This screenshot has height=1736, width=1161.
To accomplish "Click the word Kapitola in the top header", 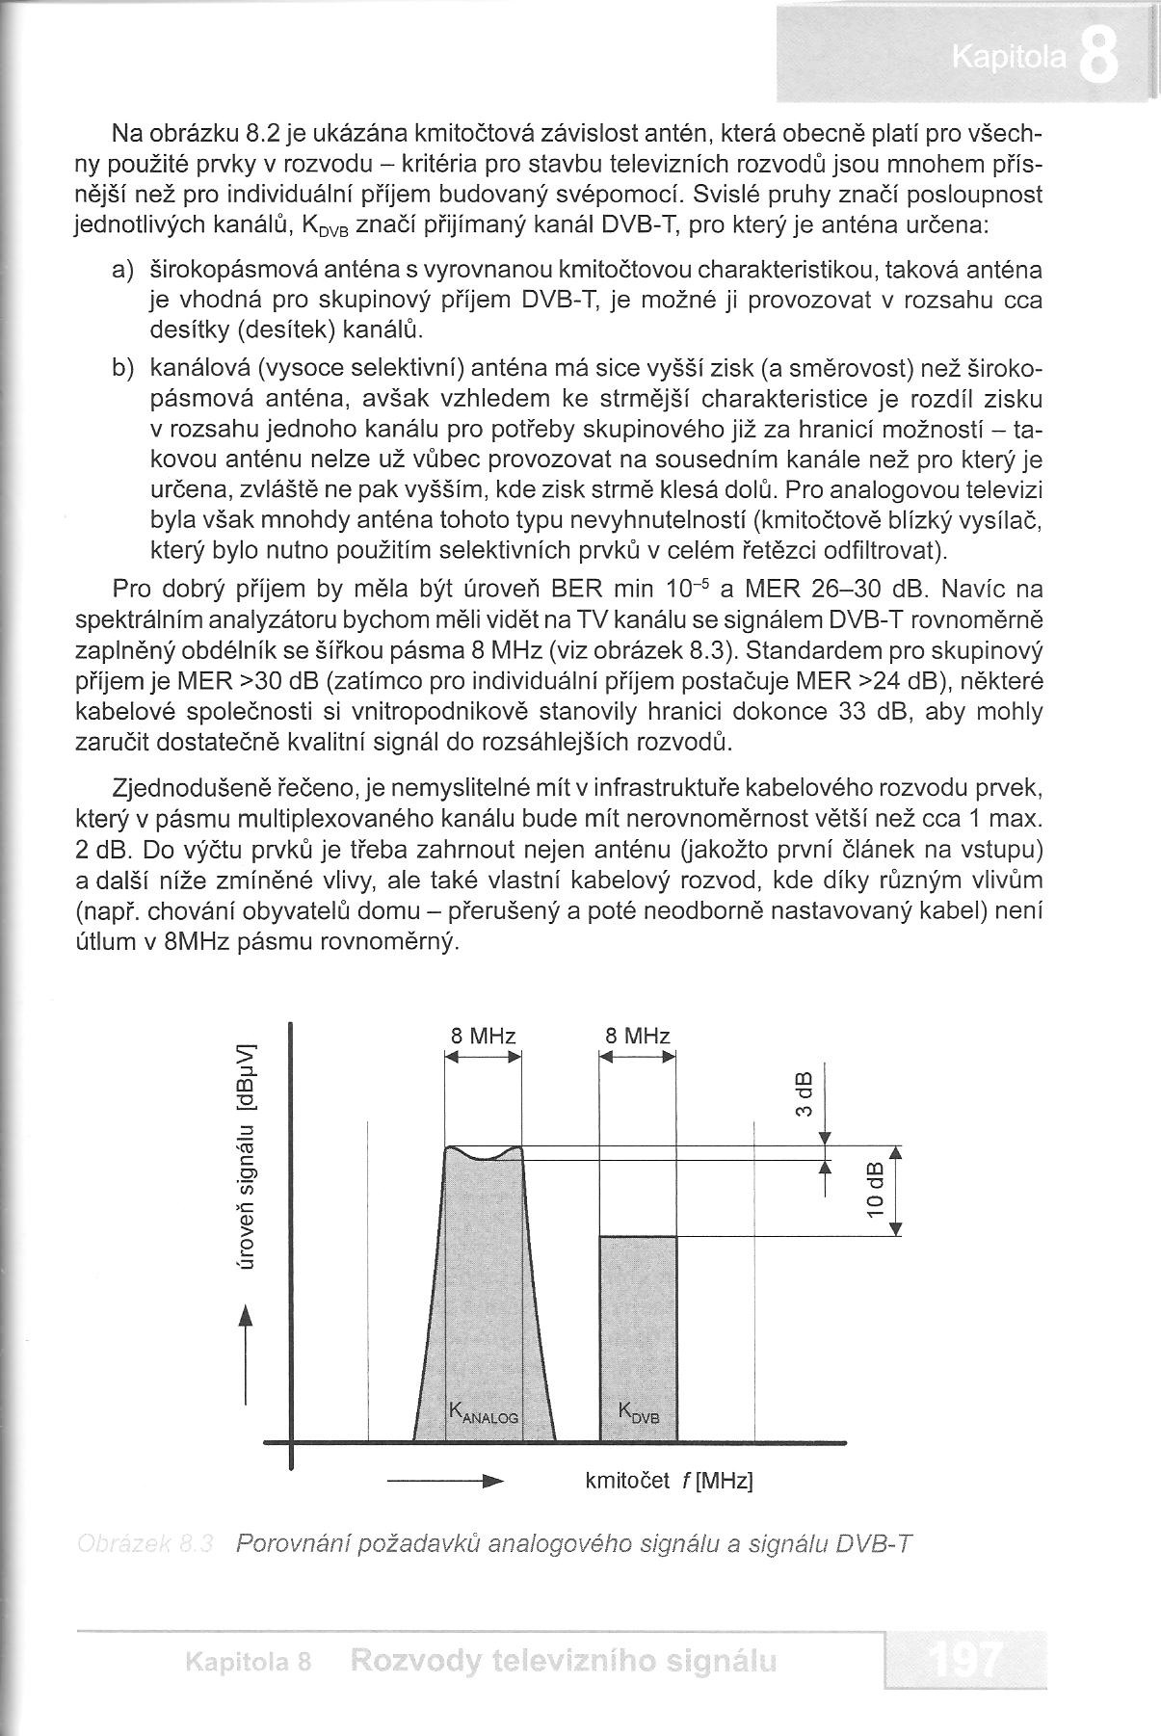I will [1008, 60].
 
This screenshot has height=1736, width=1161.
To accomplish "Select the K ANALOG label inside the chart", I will [483, 1414].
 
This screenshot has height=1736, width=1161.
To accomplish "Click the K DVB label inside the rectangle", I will [638, 1414].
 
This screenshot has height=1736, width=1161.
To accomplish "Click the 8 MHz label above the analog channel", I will [484, 1037].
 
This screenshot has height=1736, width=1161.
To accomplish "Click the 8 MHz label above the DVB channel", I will [638, 1037].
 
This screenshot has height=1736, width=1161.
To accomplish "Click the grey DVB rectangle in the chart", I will [638, 1329].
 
